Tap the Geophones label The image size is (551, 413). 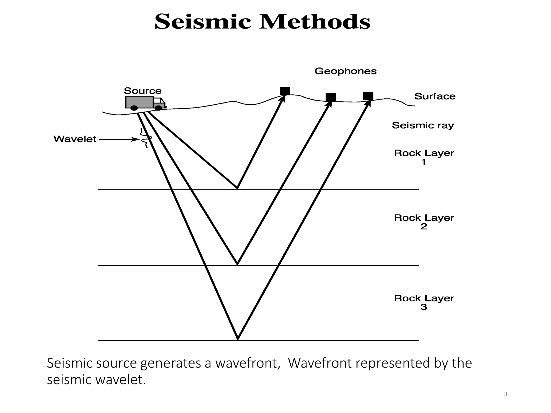345,71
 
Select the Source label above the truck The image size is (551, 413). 143,91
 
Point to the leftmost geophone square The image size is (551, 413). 285,91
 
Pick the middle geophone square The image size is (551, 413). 331,97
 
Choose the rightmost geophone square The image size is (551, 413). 368,96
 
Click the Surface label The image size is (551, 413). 435,96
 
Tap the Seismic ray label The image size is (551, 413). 423,125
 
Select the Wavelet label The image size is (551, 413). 75,139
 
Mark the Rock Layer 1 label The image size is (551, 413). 424,157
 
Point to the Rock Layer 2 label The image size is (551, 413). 424,222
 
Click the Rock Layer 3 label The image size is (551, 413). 424,302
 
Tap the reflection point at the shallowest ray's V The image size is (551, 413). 237,188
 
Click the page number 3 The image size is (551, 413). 506,394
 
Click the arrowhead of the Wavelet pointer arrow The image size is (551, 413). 136,139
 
